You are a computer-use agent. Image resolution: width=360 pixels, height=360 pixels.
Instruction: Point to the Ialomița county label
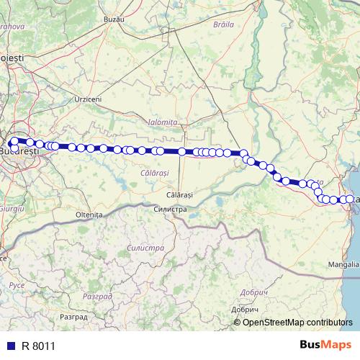pyautogui.click(x=161, y=123)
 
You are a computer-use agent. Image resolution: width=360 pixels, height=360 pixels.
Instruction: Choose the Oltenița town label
pyautogui.click(x=89, y=215)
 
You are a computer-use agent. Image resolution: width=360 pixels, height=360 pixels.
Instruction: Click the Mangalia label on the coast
pyautogui.click(x=344, y=264)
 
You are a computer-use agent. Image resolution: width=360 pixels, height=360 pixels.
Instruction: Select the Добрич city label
pyautogui.click(x=250, y=292)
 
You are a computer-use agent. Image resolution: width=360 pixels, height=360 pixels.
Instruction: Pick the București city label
pyautogui.click(x=19, y=153)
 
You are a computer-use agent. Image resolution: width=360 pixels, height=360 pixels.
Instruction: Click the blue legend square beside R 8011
pyautogui.click(x=9, y=346)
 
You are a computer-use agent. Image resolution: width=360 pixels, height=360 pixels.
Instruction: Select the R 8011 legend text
pyautogui.click(x=38, y=346)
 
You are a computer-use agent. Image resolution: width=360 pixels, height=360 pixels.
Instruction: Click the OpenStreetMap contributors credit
pyautogui.click(x=298, y=322)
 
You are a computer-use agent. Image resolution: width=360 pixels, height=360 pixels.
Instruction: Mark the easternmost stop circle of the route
pyautogui.click(x=351, y=199)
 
